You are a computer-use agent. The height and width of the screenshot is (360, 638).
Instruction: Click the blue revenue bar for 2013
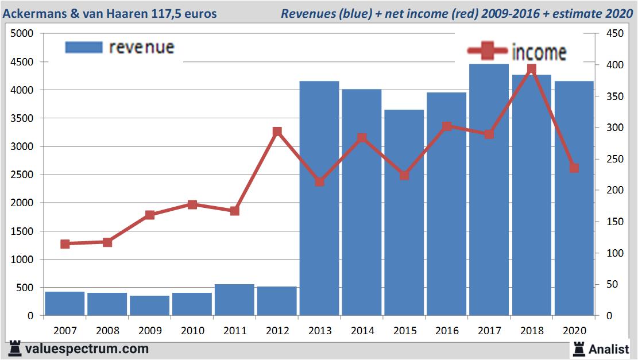click(319, 198)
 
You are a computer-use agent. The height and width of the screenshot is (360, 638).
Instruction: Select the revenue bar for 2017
click(489, 189)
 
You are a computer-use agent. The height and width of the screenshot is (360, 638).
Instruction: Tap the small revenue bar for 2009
click(149, 305)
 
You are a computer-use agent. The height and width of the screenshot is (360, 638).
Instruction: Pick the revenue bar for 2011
click(234, 300)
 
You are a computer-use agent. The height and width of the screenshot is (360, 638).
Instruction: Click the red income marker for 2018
click(531, 69)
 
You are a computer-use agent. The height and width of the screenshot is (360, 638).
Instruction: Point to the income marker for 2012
click(277, 131)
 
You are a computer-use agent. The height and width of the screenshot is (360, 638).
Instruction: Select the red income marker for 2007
click(65, 244)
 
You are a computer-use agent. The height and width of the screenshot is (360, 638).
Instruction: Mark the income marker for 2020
click(574, 168)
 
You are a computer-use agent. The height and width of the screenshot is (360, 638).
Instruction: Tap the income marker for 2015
click(404, 175)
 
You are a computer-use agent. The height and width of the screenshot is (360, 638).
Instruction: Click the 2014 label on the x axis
click(362, 331)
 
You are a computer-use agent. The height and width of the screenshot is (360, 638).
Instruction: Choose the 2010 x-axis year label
click(192, 331)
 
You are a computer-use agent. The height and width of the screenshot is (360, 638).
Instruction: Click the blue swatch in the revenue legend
click(84, 47)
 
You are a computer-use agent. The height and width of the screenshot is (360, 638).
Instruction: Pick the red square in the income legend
click(488, 52)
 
